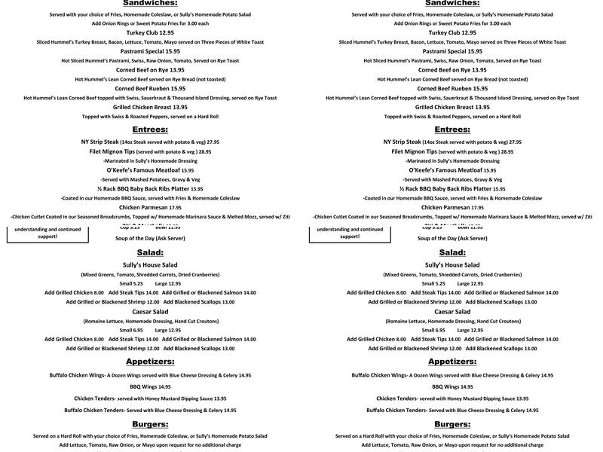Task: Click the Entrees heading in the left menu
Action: (150, 130)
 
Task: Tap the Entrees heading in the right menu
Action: (452, 130)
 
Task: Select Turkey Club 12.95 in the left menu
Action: (150, 33)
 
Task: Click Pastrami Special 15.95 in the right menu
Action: (452, 51)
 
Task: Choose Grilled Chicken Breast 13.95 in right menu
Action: (452, 107)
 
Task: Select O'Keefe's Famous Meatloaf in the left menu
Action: (131, 170)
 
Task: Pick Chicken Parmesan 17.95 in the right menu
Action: (452, 207)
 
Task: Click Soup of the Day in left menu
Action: (150, 238)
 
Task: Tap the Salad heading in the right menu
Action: (452, 252)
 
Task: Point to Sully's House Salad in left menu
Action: (150, 265)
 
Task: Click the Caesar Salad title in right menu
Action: (452, 311)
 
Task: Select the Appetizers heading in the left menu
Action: (150, 361)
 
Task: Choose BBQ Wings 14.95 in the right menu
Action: (452, 386)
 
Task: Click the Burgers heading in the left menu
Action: (150, 424)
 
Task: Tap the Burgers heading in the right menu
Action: (452, 424)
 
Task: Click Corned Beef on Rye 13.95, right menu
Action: (452, 69)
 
